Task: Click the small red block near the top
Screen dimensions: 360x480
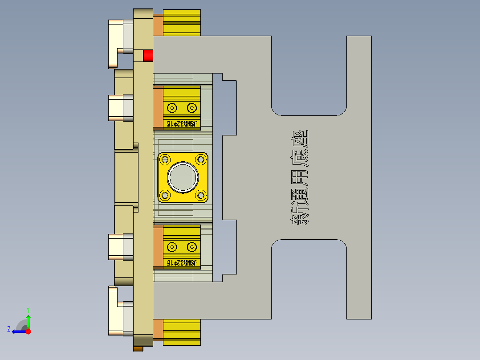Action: point(148,56)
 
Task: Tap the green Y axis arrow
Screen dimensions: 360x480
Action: point(28,320)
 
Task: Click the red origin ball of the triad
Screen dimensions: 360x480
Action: point(28,331)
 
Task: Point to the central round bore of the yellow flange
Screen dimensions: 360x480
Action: point(183,177)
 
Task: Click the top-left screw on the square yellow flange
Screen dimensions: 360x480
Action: point(166,160)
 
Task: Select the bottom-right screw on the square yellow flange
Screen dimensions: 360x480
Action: point(200,195)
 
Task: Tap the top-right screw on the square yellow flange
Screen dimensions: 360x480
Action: point(200,160)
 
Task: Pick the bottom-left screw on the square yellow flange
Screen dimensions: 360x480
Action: point(166,195)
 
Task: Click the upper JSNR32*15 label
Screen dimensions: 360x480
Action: point(181,124)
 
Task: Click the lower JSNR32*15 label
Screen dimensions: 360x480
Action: point(181,263)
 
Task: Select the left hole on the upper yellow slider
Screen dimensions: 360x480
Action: point(171,107)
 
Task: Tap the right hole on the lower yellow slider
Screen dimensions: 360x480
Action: point(191,246)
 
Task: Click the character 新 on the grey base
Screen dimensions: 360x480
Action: point(300,215)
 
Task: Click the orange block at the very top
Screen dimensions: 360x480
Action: point(158,25)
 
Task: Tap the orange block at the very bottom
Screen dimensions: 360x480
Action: point(158,330)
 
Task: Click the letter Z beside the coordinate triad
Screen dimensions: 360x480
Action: point(9,329)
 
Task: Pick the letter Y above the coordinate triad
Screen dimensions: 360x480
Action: point(28,309)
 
